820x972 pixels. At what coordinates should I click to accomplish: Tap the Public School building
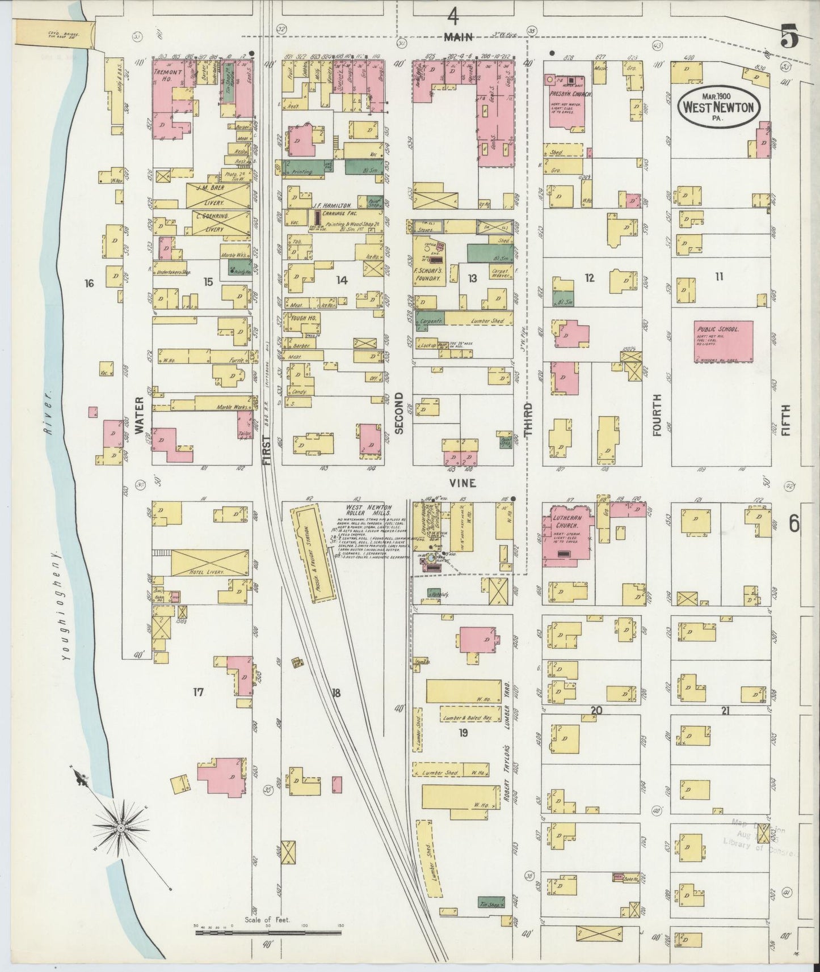(723, 341)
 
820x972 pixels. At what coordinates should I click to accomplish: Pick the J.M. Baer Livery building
(218, 195)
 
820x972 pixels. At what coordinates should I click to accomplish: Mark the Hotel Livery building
(209, 563)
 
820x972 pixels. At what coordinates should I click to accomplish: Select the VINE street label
(462, 484)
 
